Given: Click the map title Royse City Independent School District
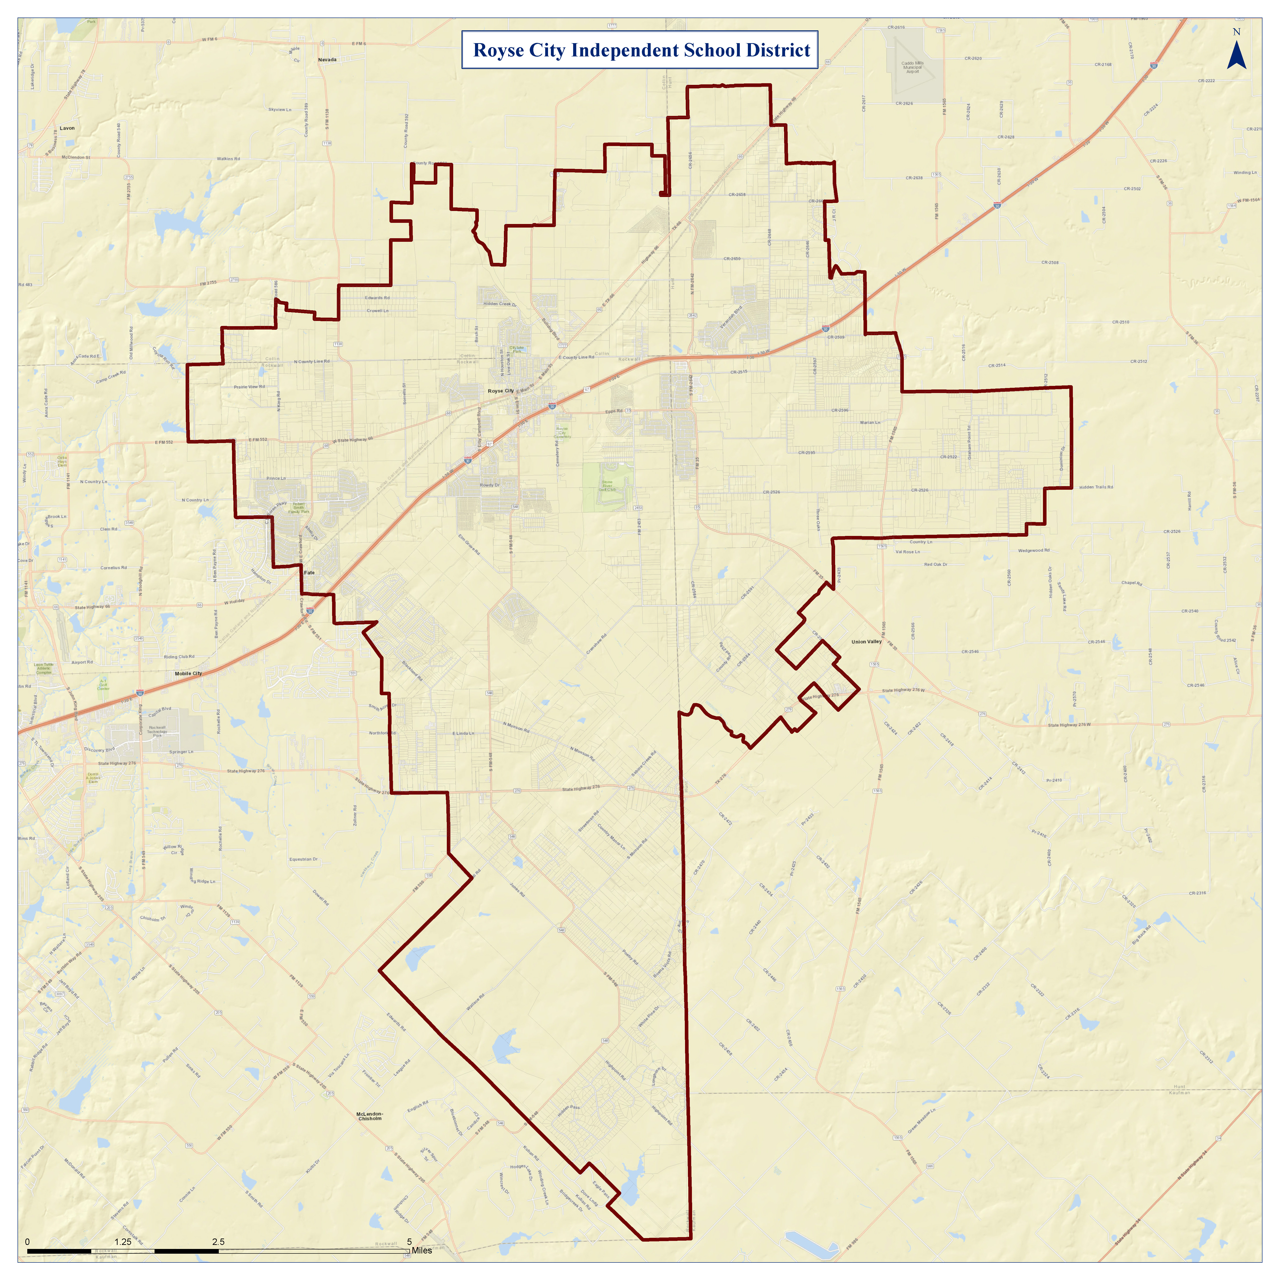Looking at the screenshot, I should [641, 50].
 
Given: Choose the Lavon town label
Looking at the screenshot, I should [67, 128].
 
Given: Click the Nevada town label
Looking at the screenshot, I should [327, 60].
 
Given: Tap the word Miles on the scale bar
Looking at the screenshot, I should [421, 1250].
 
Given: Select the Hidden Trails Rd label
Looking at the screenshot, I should [1096, 487].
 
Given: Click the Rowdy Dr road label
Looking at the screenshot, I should [490, 485].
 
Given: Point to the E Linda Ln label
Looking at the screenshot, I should [463, 733].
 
